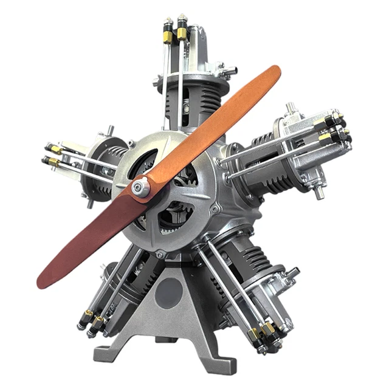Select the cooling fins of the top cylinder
pos(188,100)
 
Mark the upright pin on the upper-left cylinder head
pos(110,130)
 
